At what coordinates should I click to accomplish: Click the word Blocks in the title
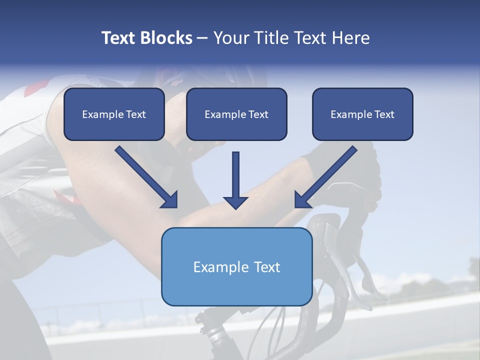[166, 38]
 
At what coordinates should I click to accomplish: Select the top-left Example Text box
[114, 114]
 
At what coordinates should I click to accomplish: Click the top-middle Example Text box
[236, 114]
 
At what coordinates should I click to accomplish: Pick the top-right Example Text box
[362, 114]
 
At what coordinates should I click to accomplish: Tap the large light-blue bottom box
[236, 266]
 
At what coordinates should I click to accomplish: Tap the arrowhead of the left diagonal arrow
[169, 199]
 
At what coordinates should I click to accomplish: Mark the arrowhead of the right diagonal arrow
[302, 199]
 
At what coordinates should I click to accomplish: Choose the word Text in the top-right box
[383, 114]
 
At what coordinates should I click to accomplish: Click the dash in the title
[202, 38]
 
